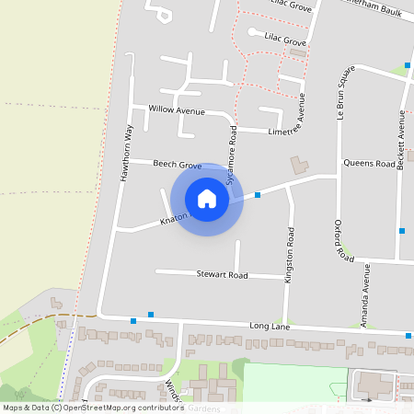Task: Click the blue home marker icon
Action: coord(207,199)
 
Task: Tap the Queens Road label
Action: coord(369,164)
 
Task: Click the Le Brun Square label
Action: coord(339,95)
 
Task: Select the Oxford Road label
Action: coord(343,242)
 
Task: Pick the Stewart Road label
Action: coord(222,275)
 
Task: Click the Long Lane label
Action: coord(270,327)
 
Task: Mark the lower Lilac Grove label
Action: coord(284,42)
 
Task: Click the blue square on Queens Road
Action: coord(258,195)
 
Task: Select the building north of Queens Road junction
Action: coord(300,166)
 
